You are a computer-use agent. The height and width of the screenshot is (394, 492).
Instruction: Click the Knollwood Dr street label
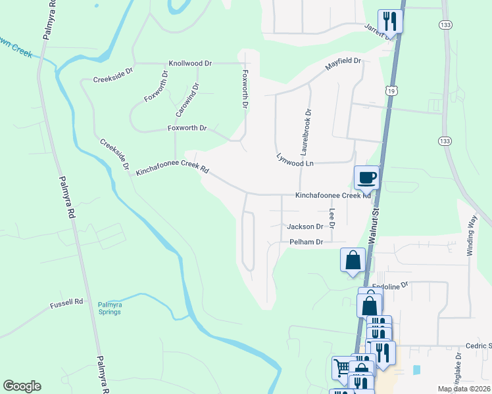click(x=190, y=64)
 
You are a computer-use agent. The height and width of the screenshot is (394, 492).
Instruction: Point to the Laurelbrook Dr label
click(x=307, y=129)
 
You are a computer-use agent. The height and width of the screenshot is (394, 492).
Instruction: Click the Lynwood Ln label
click(x=295, y=159)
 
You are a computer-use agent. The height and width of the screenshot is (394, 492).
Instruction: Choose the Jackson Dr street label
click(x=305, y=227)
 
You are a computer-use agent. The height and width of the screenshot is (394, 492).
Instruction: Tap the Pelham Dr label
click(x=307, y=242)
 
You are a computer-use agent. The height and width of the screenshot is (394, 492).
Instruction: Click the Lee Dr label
click(x=333, y=218)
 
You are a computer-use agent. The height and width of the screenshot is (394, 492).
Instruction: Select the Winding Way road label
click(x=472, y=236)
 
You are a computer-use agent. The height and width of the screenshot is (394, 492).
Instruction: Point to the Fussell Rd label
click(x=66, y=303)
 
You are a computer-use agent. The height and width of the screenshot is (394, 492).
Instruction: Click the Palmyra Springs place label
click(x=109, y=308)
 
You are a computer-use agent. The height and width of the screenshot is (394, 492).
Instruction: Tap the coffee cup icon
click(x=367, y=177)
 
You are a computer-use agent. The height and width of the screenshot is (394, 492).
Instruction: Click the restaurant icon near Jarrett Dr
click(x=389, y=21)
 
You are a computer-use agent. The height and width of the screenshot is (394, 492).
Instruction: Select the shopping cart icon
click(x=343, y=368)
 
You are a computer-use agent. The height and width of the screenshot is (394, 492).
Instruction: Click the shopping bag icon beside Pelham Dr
click(x=353, y=259)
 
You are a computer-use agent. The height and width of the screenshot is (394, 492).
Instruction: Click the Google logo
click(x=22, y=386)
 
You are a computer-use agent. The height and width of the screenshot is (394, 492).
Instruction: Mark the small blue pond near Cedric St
click(x=416, y=370)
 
